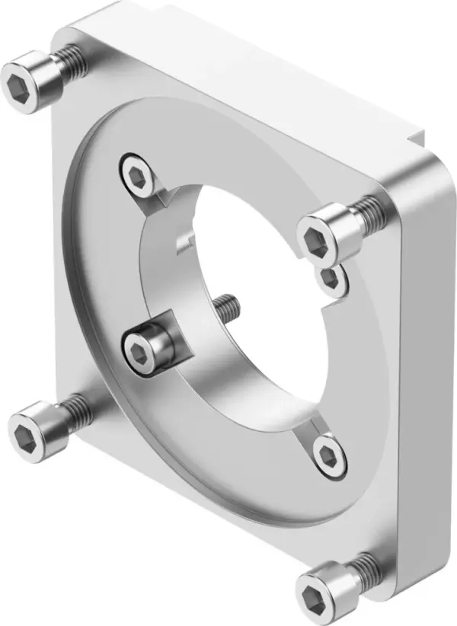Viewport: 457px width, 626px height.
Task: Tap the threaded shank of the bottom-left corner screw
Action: pyautogui.click(x=77, y=409)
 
